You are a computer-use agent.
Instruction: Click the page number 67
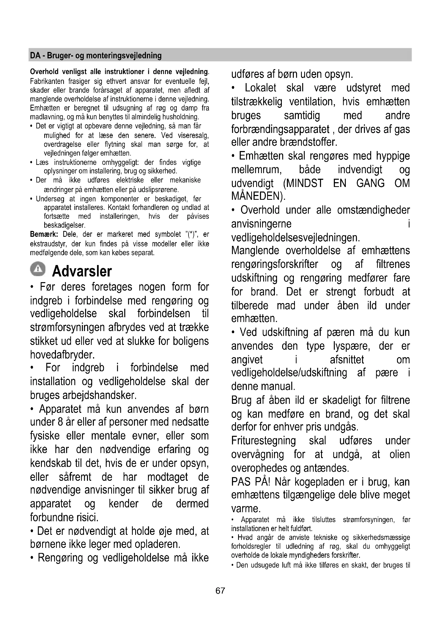pos(220,591)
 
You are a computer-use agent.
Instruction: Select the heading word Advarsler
pos(82,271)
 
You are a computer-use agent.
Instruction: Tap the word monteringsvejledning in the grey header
pos(123,56)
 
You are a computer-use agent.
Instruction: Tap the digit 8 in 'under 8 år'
pos(60,422)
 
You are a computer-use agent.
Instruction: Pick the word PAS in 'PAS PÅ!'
pos(241,482)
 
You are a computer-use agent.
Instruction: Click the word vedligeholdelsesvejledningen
pos(295,238)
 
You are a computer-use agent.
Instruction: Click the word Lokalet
pos(260,88)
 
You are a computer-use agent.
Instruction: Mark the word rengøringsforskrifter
pos(275,264)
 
